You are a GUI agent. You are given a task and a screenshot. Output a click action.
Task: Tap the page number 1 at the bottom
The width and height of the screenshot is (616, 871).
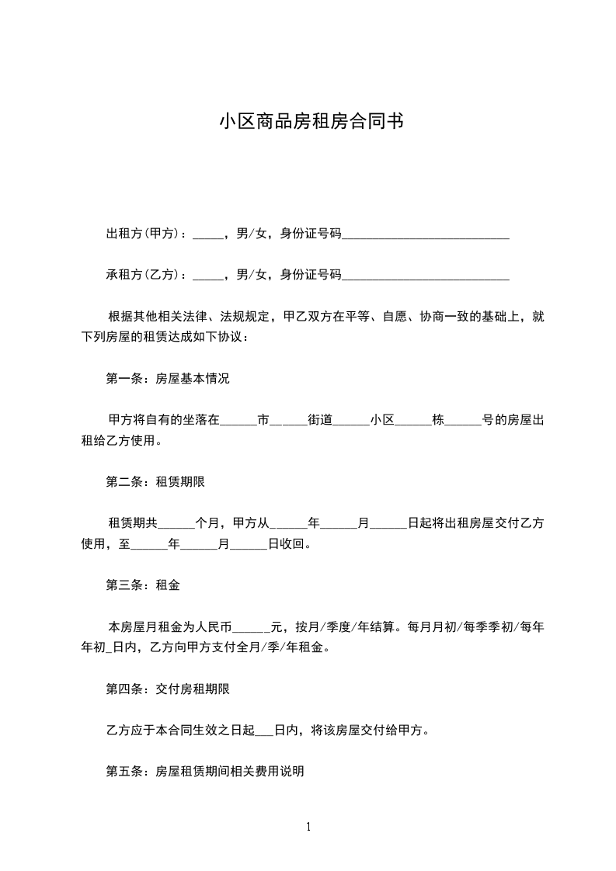pos(308,827)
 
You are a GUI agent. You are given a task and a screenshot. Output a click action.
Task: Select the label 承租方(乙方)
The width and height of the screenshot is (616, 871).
pos(146,274)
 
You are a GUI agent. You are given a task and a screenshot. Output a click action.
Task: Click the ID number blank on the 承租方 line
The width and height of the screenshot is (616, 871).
pos(426,276)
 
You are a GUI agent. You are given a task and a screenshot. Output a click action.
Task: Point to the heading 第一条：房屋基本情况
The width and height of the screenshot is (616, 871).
pos(168,380)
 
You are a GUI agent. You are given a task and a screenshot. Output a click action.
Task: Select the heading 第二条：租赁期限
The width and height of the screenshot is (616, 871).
pos(155,481)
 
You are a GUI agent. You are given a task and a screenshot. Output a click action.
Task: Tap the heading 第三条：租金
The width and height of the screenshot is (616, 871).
pos(143,585)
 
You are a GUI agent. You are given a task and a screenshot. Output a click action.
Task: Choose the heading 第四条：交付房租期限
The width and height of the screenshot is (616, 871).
pos(168,689)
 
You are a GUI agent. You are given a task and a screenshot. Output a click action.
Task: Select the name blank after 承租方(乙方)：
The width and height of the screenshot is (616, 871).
pos(207,276)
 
